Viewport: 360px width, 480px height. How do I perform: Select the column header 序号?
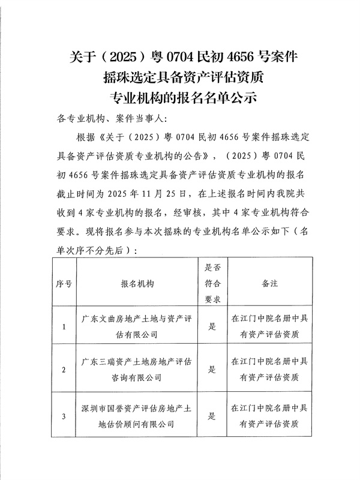tap(64, 283)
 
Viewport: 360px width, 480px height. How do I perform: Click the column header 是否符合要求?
tap(212, 283)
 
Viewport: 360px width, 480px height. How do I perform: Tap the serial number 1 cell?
tap(64, 327)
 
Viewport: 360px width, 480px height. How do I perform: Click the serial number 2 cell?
tap(64, 370)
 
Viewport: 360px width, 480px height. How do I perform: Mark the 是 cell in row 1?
tap(212, 327)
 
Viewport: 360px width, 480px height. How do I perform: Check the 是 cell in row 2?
tap(212, 370)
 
